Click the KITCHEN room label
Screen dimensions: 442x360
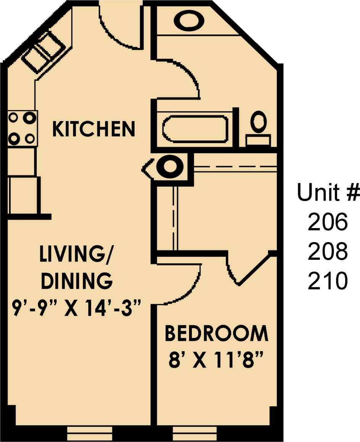coord(94,129)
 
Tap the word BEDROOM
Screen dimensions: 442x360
coord(216,334)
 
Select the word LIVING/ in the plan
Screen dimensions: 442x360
coord(77,254)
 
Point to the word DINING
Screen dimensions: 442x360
coord(76,281)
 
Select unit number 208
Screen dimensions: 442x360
coord(328,251)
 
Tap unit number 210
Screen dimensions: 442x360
coord(328,281)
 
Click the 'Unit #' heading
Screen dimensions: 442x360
coord(328,192)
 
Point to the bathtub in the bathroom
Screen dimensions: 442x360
coord(195,128)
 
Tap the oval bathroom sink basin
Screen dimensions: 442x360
coord(189,21)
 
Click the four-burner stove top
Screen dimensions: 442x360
coord(22,128)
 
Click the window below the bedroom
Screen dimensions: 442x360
coord(195,434)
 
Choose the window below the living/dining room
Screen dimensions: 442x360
coord(90,434)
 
